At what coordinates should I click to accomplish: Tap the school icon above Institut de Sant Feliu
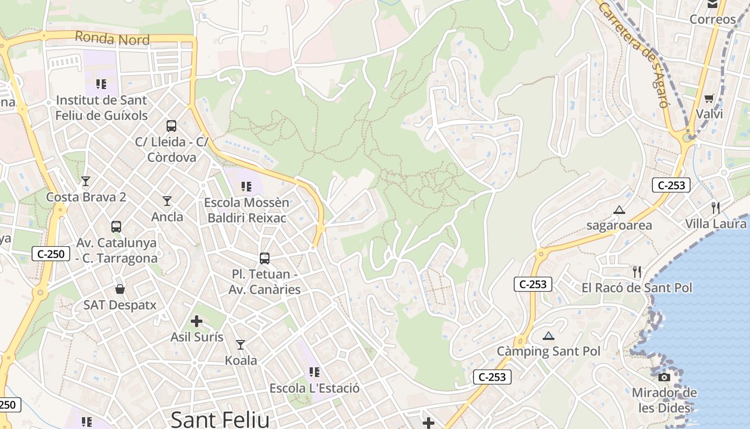[x=101, y=84]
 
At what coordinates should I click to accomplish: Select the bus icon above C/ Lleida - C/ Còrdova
[x=171, y=126]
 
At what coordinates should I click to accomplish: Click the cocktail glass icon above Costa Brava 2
[x=86, y=181]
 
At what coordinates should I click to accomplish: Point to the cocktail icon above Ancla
[x=167, y=201]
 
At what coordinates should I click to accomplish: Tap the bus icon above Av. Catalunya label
[x=116, y=227]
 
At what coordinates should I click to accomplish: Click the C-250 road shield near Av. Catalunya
[x=51, y=254]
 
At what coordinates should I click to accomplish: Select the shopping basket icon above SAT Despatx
[x=120, y=290]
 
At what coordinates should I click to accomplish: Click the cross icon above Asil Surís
[x=197, y=321]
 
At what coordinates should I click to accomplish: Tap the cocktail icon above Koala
[x=241, y=344]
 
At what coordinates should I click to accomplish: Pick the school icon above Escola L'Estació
[x=314, y=372]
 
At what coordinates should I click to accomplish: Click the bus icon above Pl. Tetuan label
[x=265, y=258]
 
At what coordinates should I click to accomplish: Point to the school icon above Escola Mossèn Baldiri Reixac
[x=246, y=187]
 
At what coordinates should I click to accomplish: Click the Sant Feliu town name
[x=220, y=419]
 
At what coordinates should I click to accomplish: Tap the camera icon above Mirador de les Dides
[x=664, y=377]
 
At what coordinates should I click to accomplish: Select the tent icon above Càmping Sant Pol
[x=548, y=336]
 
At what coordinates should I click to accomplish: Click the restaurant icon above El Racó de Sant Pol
[x=637, y=272]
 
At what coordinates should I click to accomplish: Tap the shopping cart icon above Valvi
[x=709, y=98]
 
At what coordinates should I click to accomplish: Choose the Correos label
[x=712, y=19]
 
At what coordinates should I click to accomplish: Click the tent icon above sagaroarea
[x=619, y=210]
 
